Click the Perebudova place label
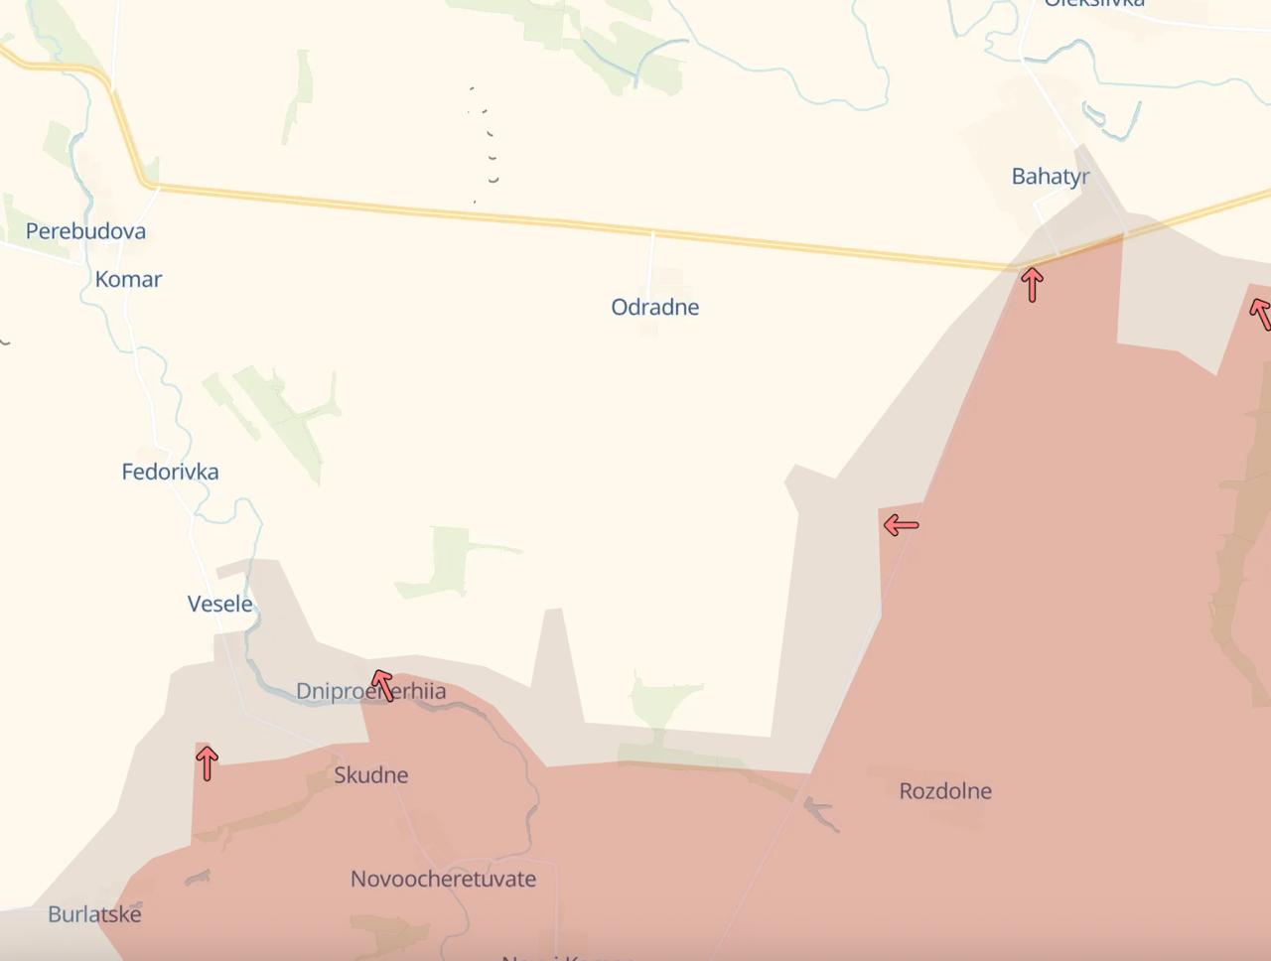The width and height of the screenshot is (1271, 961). pyautogui.click(x=85, y=231)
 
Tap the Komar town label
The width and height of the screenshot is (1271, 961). pyautogui.click(x=128, y=280)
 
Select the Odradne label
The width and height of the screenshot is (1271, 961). pyautogui.click(x=654, y=308)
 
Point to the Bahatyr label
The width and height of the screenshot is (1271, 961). pyautogui.click(x=1050, y=177)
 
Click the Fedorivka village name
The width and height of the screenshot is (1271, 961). pyautogui.click(x=170, y=473)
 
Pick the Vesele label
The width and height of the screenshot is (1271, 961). pyautogui.click(x=219, y=604)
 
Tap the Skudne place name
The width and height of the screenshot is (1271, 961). pyautogui.click(x=370, y=775)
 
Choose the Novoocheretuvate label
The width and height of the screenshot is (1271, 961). pyautogui.click(x=443, y=879)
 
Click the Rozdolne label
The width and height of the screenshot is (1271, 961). pyautogui.click(x=944, y=791)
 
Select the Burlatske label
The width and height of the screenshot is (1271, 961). pyautogui.click(x=94, y=914)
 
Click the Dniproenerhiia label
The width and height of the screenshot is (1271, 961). pyautogui.click(x=370, y=691)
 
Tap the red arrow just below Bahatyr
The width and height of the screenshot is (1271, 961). pyautogui.click(x=1032, y=285)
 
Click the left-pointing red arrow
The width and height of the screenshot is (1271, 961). pyautogui.click(x=901, y=524)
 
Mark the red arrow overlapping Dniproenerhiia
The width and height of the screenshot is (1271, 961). pyautogui.click(x=382, y=685)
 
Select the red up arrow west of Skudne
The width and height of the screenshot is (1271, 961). pyautogui.click(x=207, y=762)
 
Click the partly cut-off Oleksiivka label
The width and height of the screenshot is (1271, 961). pyautogui.click(x=1093, y=4)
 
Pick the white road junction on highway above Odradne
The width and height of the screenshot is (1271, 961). pyautogui.click(x=652, y=233)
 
